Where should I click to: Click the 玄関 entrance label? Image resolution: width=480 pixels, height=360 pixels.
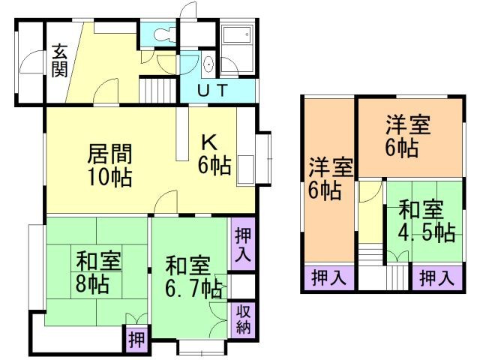click(60, 60)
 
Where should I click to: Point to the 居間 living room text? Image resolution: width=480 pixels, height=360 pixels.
click(111, 154)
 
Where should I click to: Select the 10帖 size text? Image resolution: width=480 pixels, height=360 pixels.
click(111, 178)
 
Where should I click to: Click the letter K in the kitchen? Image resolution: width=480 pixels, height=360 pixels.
click(209, 142)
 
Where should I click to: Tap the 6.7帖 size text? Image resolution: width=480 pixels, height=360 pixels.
click(193, 288)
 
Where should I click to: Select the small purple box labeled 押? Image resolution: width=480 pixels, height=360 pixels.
click(136, 339)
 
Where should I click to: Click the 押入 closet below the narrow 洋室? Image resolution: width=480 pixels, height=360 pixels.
click(328, 279)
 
